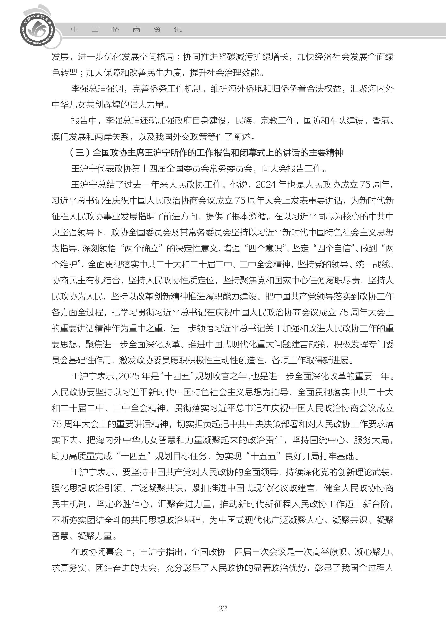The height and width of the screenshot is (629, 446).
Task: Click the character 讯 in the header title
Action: pyautogui.click(x=178, y=29)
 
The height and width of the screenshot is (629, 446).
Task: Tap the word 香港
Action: pyautogui.click(x=381, y=121)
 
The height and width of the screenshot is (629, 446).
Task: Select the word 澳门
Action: pyautogui.click(x=60, y=137)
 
